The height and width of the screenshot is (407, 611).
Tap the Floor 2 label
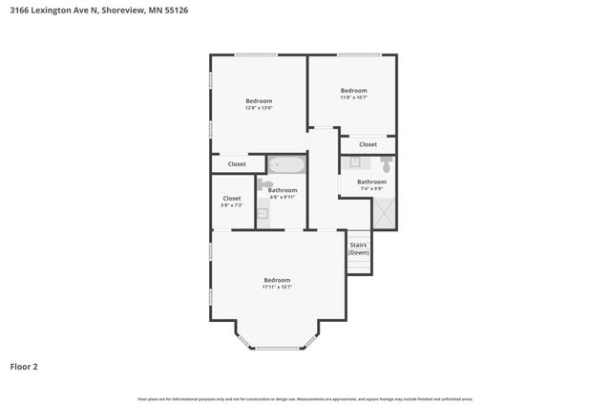click(x=25, y=366)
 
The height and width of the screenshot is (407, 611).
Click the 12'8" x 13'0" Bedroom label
click(x=259, y=104)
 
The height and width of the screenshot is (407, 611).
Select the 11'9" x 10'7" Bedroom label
click(x=354, y=94)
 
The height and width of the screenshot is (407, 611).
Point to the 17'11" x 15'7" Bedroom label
click(x=277, y=283)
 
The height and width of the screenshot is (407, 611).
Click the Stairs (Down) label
click(x=358, y=248)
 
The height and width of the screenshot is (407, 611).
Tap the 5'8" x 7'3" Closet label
click(x=232, y=202)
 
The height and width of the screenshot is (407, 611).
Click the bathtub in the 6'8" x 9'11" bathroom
click(x=285, y=164)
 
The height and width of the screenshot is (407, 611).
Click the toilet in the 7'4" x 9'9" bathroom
click(x=386, y=165)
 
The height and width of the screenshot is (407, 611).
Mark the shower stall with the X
click(x=383, y=217)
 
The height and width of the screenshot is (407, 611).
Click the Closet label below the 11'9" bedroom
click(x=368, y=144)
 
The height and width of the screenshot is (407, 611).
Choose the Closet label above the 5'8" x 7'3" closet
click(x=237, y=164)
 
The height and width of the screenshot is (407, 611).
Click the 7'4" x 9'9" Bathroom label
click(x=371, y=184)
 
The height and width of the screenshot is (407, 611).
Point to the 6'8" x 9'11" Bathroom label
click(x=283, y=193)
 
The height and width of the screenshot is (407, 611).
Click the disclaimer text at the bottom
click(x=305, y=398)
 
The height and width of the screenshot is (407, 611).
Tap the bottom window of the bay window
click(x=278, y=347)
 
